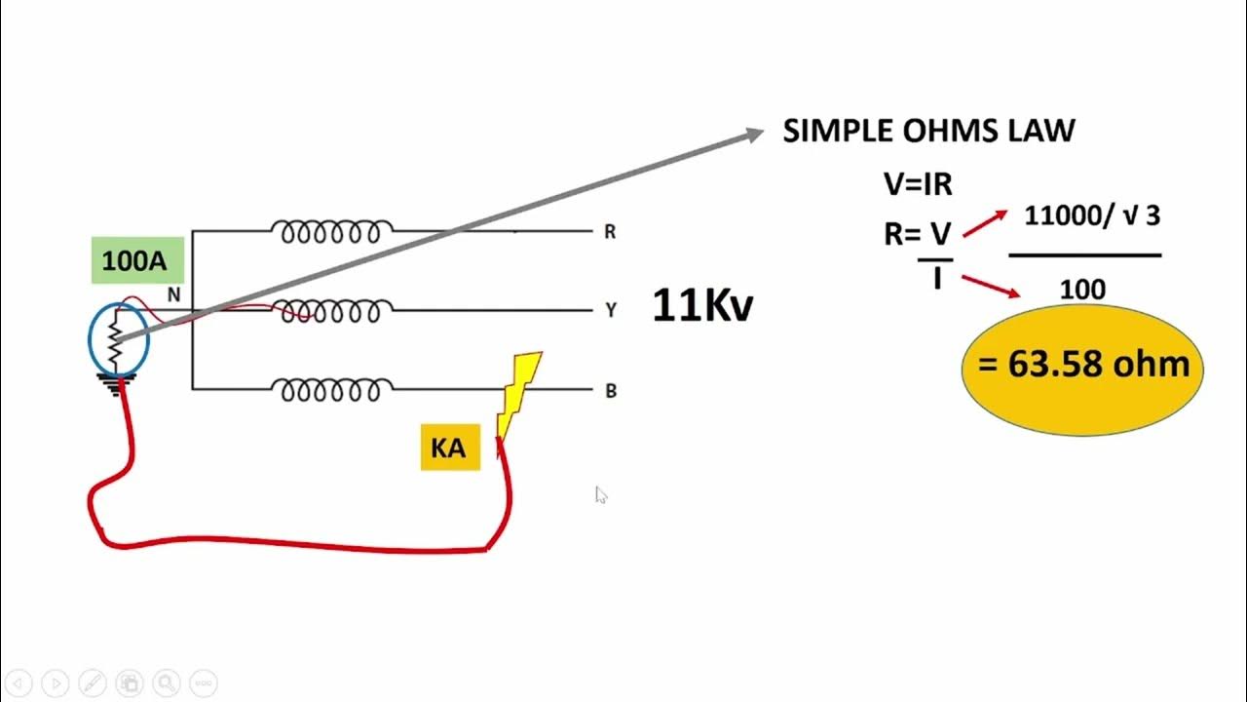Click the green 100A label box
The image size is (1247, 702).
[x=137, y=261]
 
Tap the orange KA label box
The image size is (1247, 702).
[x=449, y=448]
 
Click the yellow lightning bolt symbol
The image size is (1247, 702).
[x=518, y=395]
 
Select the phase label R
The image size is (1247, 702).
[x=610, y=232]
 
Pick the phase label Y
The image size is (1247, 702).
[x=611, y=311]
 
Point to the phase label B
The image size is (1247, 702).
[x=611, y=391]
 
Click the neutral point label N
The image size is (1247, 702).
[x=174, y=293]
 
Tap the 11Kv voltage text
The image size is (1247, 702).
[x=702, y=305]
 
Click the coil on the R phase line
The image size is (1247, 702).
[x=332, y=232]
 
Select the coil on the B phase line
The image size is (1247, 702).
[x=332, y=390]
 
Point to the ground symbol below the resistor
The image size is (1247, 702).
[x=116, y=385]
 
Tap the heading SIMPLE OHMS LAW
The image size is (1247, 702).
[x=928, y=132]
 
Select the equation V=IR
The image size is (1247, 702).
[x=917, y=183]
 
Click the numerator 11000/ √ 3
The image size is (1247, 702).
[x=1091, y=216]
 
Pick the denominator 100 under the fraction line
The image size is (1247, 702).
[x=1081, y=290]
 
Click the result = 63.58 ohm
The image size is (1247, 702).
[x=1083, y=366]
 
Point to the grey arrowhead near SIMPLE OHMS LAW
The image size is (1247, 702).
[x=753, y=135]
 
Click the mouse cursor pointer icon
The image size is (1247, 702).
[x=600, y=494]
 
